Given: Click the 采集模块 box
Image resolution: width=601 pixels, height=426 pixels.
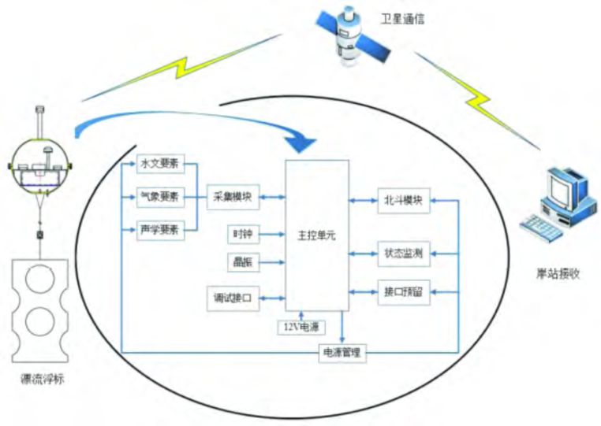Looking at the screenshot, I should pos(232,198).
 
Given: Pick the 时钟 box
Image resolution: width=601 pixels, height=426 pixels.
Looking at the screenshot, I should pos(242,235).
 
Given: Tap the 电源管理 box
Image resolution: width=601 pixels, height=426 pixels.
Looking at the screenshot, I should pos(342,353).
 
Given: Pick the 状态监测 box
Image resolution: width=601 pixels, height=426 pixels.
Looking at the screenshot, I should pos(401,253).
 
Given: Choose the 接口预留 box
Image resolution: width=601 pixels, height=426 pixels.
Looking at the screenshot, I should pos(401,292).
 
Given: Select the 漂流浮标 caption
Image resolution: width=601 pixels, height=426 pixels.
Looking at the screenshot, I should pos(42,379).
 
